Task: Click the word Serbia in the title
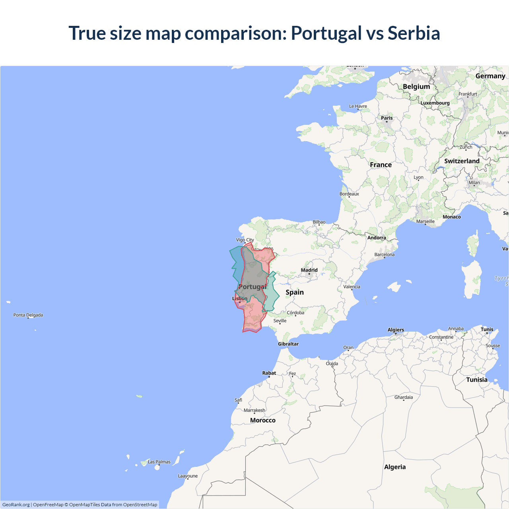(414, 33)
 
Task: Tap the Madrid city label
(309, 270)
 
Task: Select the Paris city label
(387, 118)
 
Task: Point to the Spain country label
(294, 292)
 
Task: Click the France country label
(381, 165)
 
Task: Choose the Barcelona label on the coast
(384, 254)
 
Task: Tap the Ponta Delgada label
(28, 315)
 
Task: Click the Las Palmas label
(159, 462)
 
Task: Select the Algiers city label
(396, 330)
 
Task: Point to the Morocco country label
(262, 420)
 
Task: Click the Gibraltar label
(288, 344)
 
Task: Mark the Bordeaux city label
(349, 194)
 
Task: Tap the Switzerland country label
(462, 161)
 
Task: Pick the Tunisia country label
(477, 380)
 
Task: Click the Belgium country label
(416, 87)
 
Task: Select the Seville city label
(280, 321)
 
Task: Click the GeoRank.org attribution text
(16, 505)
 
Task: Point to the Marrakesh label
(254, 410)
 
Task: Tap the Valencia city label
(352, 287)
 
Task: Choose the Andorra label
(377, 238)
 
